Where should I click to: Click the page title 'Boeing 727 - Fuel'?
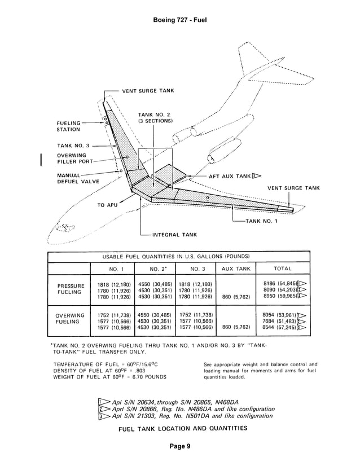click(180, 20)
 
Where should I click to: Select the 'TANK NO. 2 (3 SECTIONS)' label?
click(155, 118)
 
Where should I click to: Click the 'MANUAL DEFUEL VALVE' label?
click(77, 178)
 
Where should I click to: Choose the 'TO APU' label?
click(108, 205)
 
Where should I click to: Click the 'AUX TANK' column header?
click(236, 269)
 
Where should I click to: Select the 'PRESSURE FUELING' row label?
click(69, 289)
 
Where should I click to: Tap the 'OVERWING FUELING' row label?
click(69, 319)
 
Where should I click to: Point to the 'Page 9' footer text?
click(180, 446)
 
